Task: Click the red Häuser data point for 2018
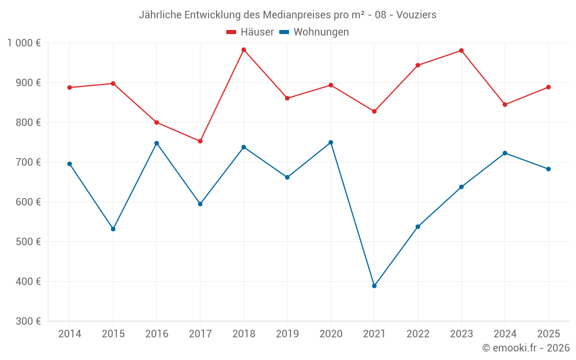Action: point(244,50)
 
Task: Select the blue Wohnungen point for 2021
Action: point(374,286)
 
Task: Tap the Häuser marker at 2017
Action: point(200,141)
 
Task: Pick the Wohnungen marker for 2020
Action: point(331,142)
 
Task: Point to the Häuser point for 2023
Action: point(461,51)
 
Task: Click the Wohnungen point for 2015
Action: point(113,229)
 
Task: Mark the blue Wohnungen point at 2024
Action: point(505,153)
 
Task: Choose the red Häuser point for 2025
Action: point(548,87)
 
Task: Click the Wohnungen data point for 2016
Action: point(157,143)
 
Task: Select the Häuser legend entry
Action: point(250,32)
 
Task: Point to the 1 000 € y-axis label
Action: point(24,43)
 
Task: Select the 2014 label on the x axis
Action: point(70,334)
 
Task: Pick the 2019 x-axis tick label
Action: point(287,334)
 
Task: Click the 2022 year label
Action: point(418,334)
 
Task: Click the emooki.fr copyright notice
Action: point(526,348)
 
